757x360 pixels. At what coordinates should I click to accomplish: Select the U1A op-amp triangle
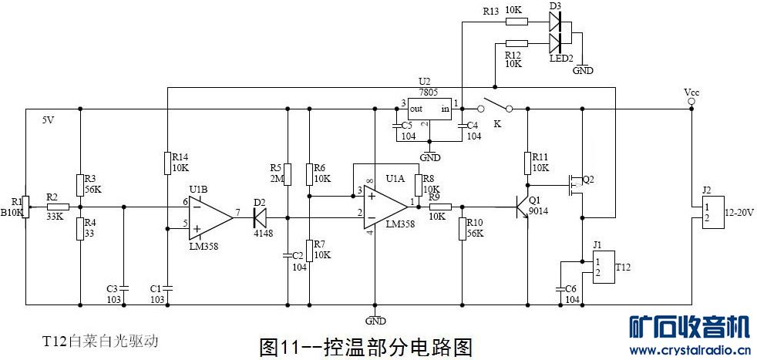coord(384,207)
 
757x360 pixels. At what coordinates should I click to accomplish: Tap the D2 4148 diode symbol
coord(259,218)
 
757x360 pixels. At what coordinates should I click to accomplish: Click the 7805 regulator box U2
coord(429,109)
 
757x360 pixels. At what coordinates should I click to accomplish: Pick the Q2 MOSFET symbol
coord(574,185)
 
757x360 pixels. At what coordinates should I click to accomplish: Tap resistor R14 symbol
coord(167,163)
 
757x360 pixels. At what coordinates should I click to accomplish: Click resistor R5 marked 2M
coord(287,174)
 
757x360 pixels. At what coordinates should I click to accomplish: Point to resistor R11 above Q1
coord(527,163)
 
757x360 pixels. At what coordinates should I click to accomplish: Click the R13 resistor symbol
coord(516,22)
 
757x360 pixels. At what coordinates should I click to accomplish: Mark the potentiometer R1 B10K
coord(25,206)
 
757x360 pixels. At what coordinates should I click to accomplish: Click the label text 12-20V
coord(737,212)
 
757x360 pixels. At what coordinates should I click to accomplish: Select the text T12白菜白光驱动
coord(100,341)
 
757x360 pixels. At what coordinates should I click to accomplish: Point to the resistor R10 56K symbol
coord(461,228)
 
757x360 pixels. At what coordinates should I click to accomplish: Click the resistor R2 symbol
coord(59,207)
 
